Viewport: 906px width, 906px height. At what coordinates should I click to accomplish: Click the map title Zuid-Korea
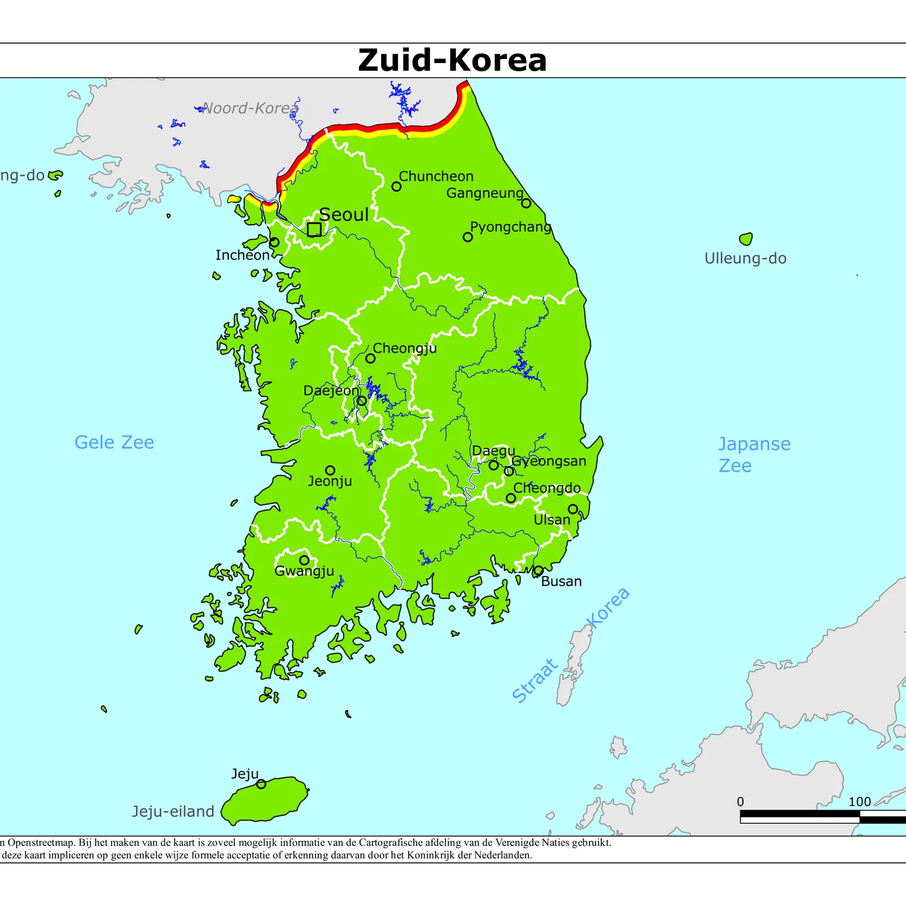(452, 60)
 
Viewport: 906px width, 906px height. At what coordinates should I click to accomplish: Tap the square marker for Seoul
(314, 229)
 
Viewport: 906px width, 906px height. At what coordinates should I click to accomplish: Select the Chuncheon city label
(436, 176)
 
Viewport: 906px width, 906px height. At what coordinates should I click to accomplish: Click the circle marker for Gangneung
(526, 203)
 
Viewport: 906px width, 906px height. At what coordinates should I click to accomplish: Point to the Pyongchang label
(510, 227)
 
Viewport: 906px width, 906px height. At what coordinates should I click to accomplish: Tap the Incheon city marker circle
(274, 242)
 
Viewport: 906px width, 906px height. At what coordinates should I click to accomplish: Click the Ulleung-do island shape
(746, 239)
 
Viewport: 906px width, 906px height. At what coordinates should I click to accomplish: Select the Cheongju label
(405, 348)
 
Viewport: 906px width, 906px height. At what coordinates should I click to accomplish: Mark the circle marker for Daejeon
(362, 401)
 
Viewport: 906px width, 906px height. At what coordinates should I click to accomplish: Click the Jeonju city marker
(330, 471)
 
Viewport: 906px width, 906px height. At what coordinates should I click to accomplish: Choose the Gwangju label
(304, 571)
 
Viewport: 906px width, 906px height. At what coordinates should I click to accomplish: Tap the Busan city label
(561, 582)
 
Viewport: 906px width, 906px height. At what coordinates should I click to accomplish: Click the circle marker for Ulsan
(573, 509)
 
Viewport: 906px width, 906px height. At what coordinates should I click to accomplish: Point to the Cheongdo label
(546, 488)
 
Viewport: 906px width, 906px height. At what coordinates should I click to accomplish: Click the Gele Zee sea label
(114, 442)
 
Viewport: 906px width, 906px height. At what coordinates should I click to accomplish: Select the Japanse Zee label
(754, 455)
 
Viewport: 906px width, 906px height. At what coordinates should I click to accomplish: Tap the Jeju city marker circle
(261, 784)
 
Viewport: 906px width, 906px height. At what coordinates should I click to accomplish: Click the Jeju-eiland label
(173, 811)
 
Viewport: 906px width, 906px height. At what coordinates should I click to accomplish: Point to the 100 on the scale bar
(859, 802)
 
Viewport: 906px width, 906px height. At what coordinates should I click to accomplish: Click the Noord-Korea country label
(250, 108)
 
